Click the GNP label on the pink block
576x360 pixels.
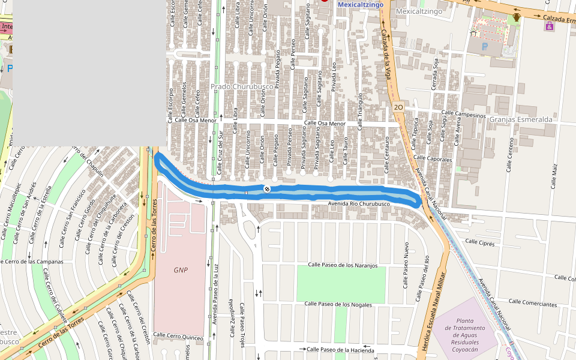pyautogui.click(x=181, y=270)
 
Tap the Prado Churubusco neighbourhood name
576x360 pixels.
pyautogui.click(x=242, y=86)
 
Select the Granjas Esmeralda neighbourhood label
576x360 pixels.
pyautogui.click(x=520, y=119)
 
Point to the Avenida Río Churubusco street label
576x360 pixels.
pyautogui.click(x=359, y=205)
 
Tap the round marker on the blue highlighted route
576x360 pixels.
pyautogui.click(x=267, y=189)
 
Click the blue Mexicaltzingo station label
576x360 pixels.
pyautogui.click(x=360, y=4)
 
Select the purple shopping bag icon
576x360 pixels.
pyautogui.click(x=550, y=28)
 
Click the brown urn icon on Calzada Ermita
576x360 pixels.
pyautogui.click(x=516, y=17)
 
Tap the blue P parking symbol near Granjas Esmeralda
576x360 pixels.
pyautogui.click(x=485, y=46)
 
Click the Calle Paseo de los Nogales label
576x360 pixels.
pyautogui.click(x=338, y=304)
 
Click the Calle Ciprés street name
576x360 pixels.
pyautogui.click(x=480, y=242)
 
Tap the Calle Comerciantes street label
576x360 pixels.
pyautogui.click(x=532, y=304)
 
